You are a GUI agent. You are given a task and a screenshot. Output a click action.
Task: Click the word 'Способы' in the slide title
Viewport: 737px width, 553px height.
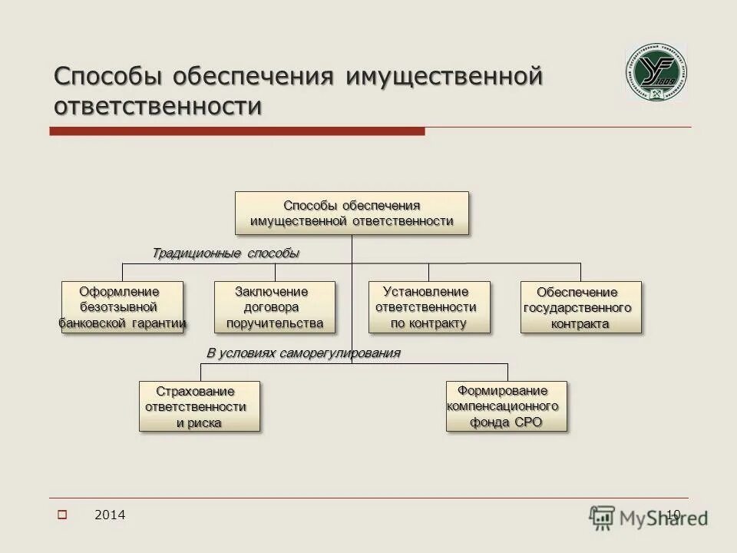click(109, 78)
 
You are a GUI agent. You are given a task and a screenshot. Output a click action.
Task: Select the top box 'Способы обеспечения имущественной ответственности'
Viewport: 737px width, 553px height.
click(352, 213)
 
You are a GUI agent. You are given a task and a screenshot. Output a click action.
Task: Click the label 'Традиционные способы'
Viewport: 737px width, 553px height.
click(225, 253)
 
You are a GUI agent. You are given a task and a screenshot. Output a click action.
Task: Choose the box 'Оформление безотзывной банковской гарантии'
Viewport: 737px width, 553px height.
click(123, 307)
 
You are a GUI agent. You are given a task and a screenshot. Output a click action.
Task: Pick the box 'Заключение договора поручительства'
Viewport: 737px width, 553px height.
click(274, 307)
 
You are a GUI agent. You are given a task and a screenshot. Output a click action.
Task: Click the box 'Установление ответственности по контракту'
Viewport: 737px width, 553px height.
click(428, 307)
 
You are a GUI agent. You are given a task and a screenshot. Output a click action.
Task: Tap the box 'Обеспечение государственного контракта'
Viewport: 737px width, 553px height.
click(580, 307)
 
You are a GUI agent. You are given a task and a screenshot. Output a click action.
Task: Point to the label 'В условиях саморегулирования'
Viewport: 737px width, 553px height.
click(303, 353)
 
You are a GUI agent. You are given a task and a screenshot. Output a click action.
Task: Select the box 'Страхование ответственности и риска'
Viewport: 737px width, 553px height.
click(199, 406)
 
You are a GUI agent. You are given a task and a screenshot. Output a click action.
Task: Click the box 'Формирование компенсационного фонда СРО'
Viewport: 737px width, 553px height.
click(507, 406)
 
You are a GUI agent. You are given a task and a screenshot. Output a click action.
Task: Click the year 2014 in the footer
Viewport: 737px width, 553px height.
click(110, 515)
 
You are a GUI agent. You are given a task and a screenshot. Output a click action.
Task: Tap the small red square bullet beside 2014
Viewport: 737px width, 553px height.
click(62, 515)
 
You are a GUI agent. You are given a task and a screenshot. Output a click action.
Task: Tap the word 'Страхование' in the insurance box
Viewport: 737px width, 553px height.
click(196, 391)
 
